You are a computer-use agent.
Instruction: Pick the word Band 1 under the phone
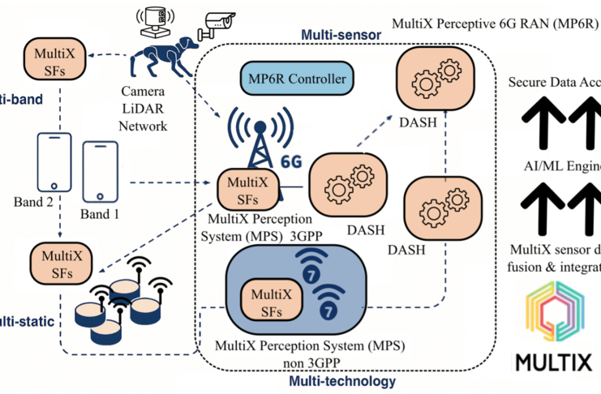[x=100, y=214]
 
